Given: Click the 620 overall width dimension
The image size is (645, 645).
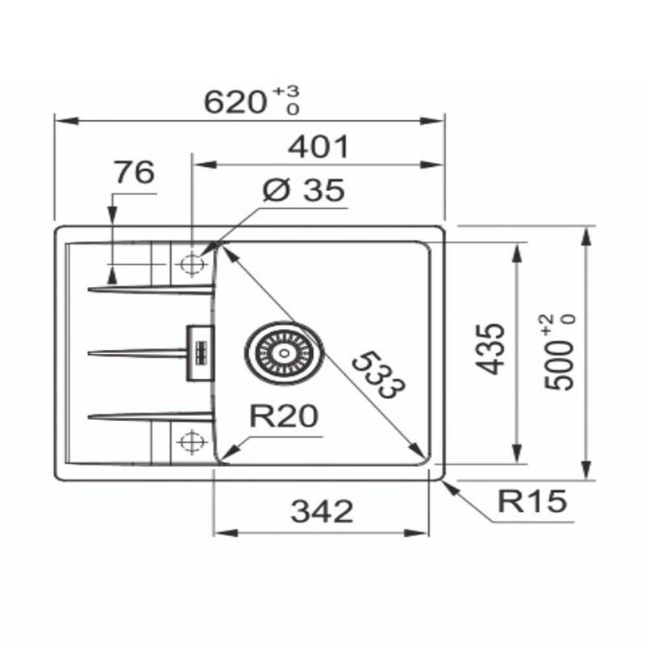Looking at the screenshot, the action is (x=235, y=102).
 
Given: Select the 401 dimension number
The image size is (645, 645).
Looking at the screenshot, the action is (x=318, y=147).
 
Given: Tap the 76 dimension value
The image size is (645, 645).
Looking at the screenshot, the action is (x=135, y=173).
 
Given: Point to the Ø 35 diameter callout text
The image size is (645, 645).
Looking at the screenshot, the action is (x=304, y=190).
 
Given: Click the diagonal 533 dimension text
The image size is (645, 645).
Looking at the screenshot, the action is (x=378, y=375).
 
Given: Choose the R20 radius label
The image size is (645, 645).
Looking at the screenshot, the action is (x=284, y=416).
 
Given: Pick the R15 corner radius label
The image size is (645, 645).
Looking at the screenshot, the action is (x=532, y=501).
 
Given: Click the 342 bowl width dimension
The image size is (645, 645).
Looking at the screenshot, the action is (x=322, y=511).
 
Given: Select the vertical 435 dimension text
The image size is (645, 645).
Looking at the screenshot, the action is (x=489, y=350).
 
